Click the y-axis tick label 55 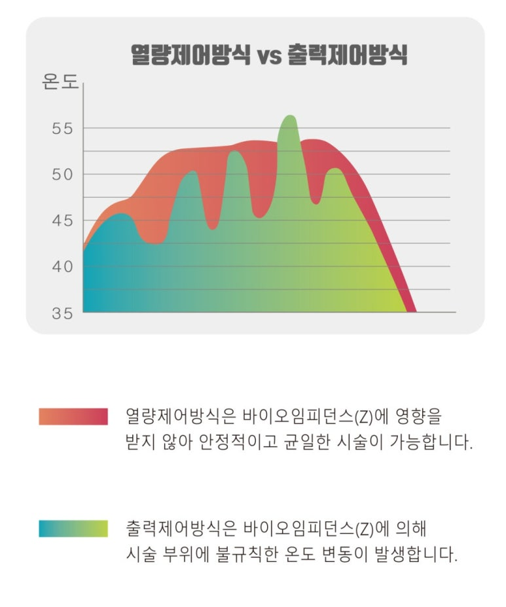coord(63,128)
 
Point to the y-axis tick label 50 coord(63,175)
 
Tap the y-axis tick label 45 coord(63,220)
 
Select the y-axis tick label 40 coord(63,266)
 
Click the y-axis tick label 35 coord(63,313)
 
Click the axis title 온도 coord(60,83)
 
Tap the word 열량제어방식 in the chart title coord(190,55)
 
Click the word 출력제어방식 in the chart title coord(348,55)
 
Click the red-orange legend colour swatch coord(73,416)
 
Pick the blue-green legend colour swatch coord(73,529)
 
